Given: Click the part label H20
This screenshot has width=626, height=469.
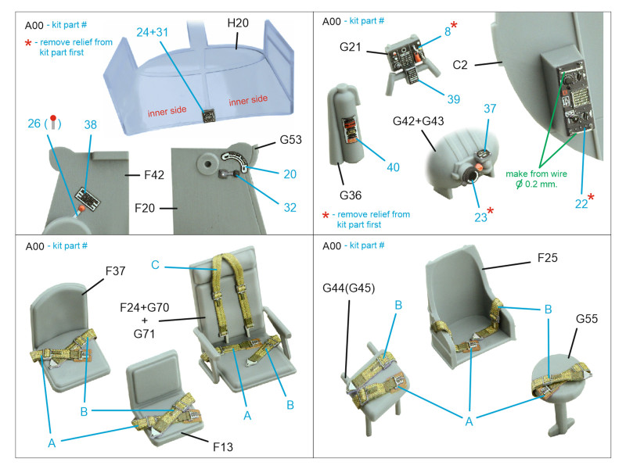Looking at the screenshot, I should point(238,23).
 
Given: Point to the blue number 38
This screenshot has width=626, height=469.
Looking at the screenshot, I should point(90,125).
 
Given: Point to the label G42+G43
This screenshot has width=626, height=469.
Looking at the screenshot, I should point(424,123).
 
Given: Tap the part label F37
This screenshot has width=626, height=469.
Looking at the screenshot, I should point(116,271).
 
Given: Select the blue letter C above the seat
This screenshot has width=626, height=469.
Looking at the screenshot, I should point(155,266).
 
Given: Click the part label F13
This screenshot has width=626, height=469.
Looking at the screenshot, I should point(222,448).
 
